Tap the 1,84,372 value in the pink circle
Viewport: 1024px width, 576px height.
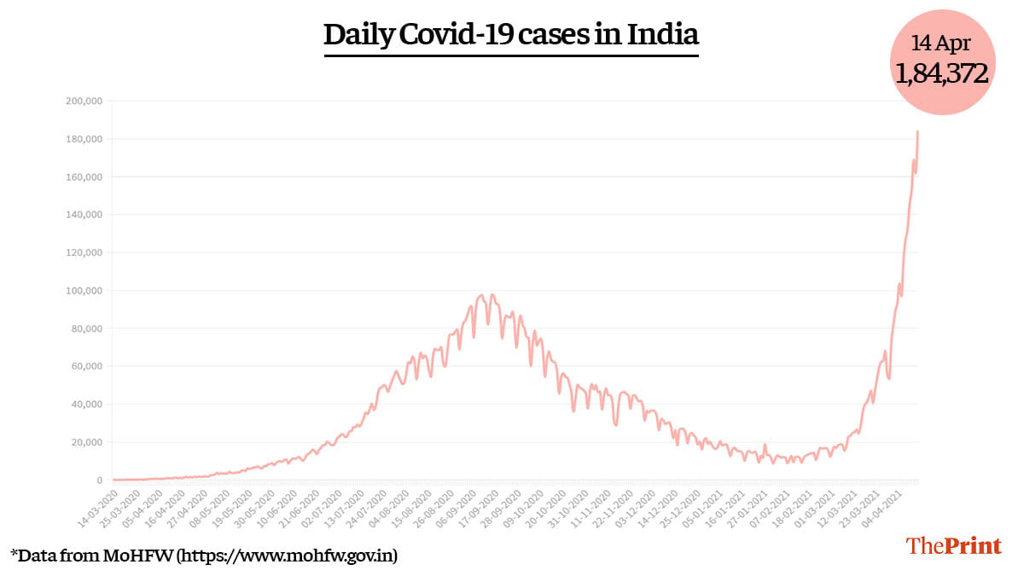click(x=942, y=73)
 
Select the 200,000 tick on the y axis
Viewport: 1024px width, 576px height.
click(x=84, y=102)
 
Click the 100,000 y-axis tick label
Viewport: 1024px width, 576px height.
click(x=84, y=291)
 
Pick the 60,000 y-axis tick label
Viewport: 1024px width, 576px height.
click(x=86, y=366)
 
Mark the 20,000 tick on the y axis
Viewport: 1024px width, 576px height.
click(x=86, y=442)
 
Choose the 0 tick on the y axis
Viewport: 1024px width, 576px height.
click(x=99, y=480)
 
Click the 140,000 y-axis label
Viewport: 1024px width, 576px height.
click(x=84, y=215)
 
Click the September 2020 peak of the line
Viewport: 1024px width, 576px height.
click(x=482, y=295)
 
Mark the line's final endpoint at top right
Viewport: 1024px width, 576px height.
click(x=917, y=131)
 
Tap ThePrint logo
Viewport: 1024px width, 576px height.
click(x=953, y=545)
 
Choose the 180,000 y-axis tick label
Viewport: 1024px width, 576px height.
click(x=84, y=139)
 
